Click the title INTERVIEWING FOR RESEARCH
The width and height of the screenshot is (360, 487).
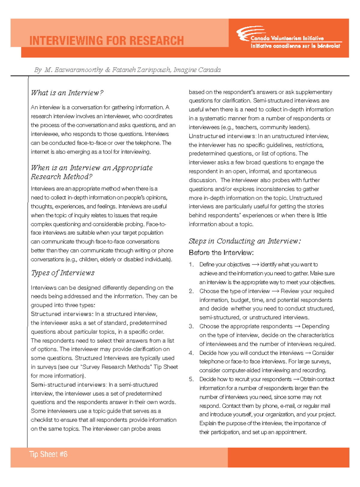(x=106, y=40)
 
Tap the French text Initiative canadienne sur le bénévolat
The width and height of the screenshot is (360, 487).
(x=295, y=46)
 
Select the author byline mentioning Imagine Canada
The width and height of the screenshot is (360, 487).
(x=127, y=70)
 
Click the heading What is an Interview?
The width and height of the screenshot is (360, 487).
(x=67, y=93)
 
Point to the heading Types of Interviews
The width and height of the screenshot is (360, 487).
(x=63, y=273)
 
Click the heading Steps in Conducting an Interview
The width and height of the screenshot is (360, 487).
(x=244, y=241)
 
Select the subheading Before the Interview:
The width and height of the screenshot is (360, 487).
(x=221, y=253)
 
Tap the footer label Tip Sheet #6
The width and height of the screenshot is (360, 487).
(x=48, y=454)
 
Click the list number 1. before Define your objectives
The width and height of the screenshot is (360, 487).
(x=191, y=264)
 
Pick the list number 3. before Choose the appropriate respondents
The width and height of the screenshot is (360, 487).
(x=191, y=326)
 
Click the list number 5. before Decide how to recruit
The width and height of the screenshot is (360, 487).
(x=191, y=379)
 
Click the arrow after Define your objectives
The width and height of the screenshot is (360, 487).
(x=255, y=265)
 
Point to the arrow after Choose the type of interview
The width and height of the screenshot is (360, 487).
(x=275, y=291)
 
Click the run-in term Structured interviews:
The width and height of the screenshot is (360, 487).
(x=62, y=314)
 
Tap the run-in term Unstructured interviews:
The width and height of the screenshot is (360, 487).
(x=222, y=136)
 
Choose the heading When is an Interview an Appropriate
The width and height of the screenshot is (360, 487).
(x=92, y=168)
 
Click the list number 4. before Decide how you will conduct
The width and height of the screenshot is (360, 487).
(x=191, y=353)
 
